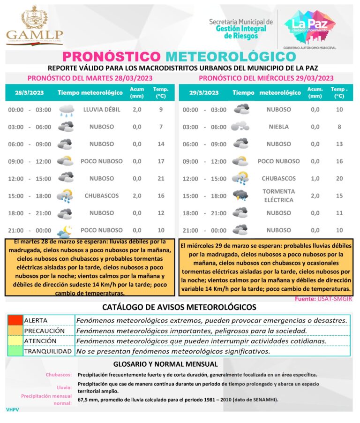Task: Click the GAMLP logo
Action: (35, 26)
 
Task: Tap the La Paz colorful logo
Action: (310, 24)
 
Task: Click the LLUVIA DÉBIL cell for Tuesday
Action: (102, 110)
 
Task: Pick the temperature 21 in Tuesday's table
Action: (161, 179)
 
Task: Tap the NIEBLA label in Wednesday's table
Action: (278, 127)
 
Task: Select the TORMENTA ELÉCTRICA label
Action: (278, 196)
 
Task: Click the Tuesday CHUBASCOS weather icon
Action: (65, 196)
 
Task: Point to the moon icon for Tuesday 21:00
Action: (65, 230)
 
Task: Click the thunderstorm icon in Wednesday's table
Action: (241, 196)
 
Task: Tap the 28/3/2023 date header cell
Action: (29, 93)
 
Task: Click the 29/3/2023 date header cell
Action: (204, 93)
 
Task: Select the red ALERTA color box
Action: (15, 320)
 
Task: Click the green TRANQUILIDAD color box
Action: (15, 351)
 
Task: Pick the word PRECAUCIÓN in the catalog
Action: (44, 331)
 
